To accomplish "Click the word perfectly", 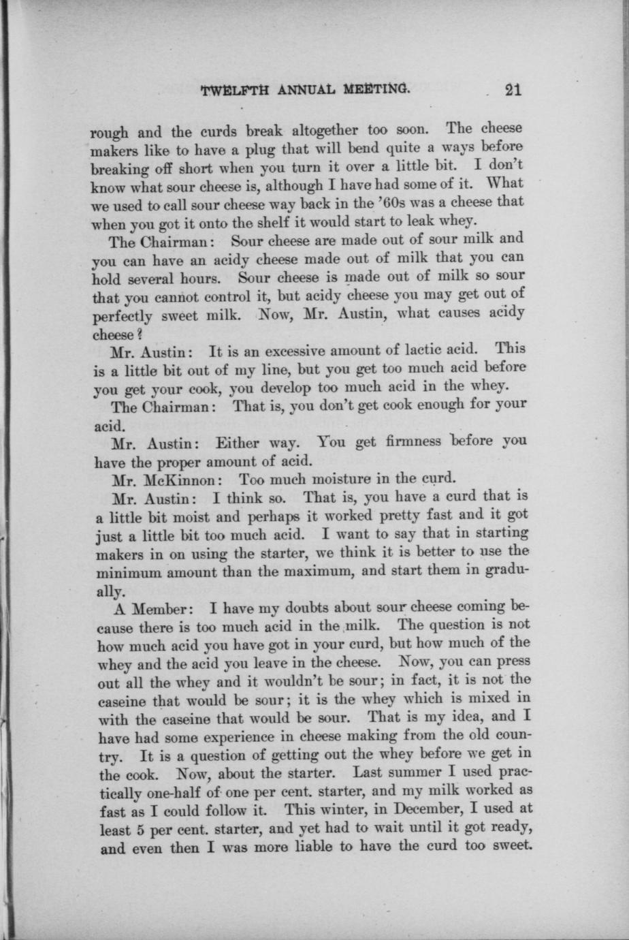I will (126, 316).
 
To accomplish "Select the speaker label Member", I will (159, 608).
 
